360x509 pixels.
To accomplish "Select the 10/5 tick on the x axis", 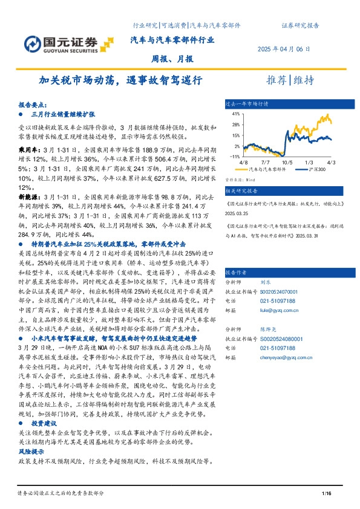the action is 286,163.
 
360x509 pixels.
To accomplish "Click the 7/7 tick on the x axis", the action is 265,163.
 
